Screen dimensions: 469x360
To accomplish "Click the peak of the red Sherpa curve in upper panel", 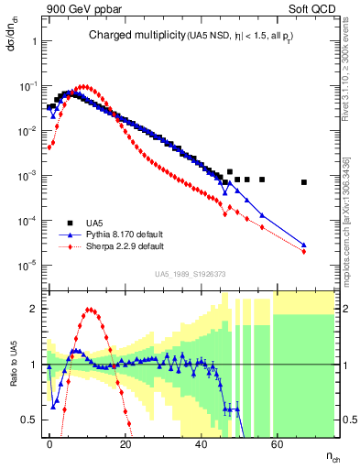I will click(84, 87).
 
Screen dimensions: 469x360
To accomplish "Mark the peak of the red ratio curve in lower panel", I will click(89, 310).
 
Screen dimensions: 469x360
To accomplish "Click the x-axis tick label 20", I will click(125, 442).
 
